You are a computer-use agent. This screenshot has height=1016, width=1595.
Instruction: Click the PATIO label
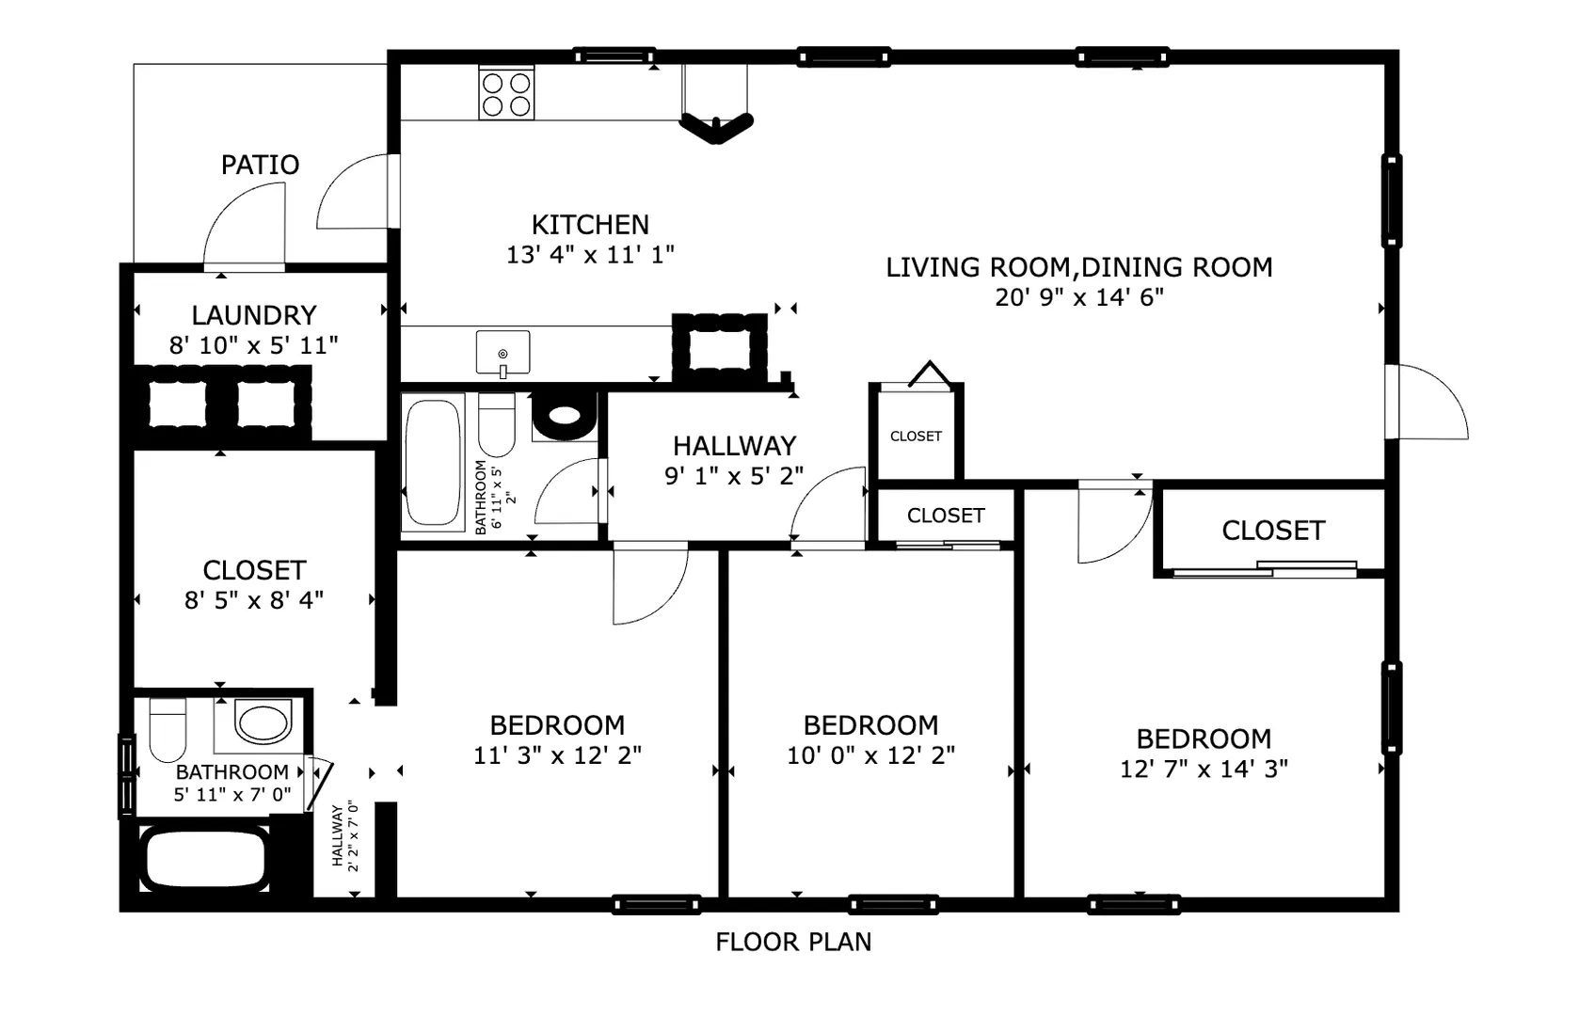tap(260, 165)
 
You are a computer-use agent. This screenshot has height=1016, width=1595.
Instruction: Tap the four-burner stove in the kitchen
tap(506, 93)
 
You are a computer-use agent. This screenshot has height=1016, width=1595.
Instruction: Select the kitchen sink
tap(502, 353)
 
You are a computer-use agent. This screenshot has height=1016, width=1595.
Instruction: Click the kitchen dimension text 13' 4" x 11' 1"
tap(590, 254)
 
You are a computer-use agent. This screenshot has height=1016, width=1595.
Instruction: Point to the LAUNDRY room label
tap(254, 315)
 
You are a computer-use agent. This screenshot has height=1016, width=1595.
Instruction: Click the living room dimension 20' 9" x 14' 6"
tap(1079, 297)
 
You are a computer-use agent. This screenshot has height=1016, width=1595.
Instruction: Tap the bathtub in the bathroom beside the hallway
tap(432, 461)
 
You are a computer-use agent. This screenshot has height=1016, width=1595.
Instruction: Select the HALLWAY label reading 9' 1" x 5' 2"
tap(734, 461)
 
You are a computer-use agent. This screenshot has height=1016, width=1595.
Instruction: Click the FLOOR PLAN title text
tap(793, 942)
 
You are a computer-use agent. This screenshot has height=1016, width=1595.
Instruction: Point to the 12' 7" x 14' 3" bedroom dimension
tap(1204, 769)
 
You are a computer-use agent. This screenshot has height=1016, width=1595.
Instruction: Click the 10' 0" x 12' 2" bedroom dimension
tap(870, 754)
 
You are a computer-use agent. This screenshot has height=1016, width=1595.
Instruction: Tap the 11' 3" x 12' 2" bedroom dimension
tap(557, 754)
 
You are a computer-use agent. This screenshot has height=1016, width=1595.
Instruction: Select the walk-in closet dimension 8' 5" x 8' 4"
tap(254, 600)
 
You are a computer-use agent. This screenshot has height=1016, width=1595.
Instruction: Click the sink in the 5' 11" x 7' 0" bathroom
tap(262, 722)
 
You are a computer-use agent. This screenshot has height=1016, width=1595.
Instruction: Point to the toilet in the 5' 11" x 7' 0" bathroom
tap(167, 730)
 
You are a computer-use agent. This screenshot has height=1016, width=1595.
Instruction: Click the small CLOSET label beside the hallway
tap(916, 436)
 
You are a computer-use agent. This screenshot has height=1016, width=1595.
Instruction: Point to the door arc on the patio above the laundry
tap(228, 206)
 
